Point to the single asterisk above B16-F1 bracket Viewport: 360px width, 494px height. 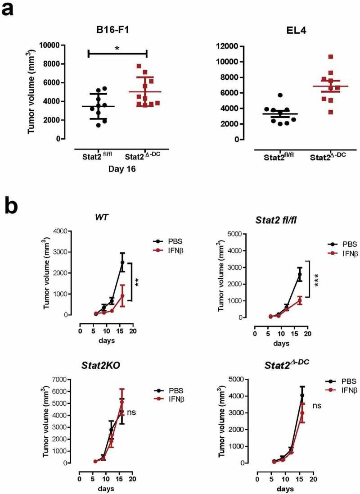coord(117,48)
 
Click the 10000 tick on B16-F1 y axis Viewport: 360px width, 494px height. coord(50,45)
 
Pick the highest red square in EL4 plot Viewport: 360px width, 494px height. coord(318,57)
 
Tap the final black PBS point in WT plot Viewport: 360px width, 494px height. coord(122,262)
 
